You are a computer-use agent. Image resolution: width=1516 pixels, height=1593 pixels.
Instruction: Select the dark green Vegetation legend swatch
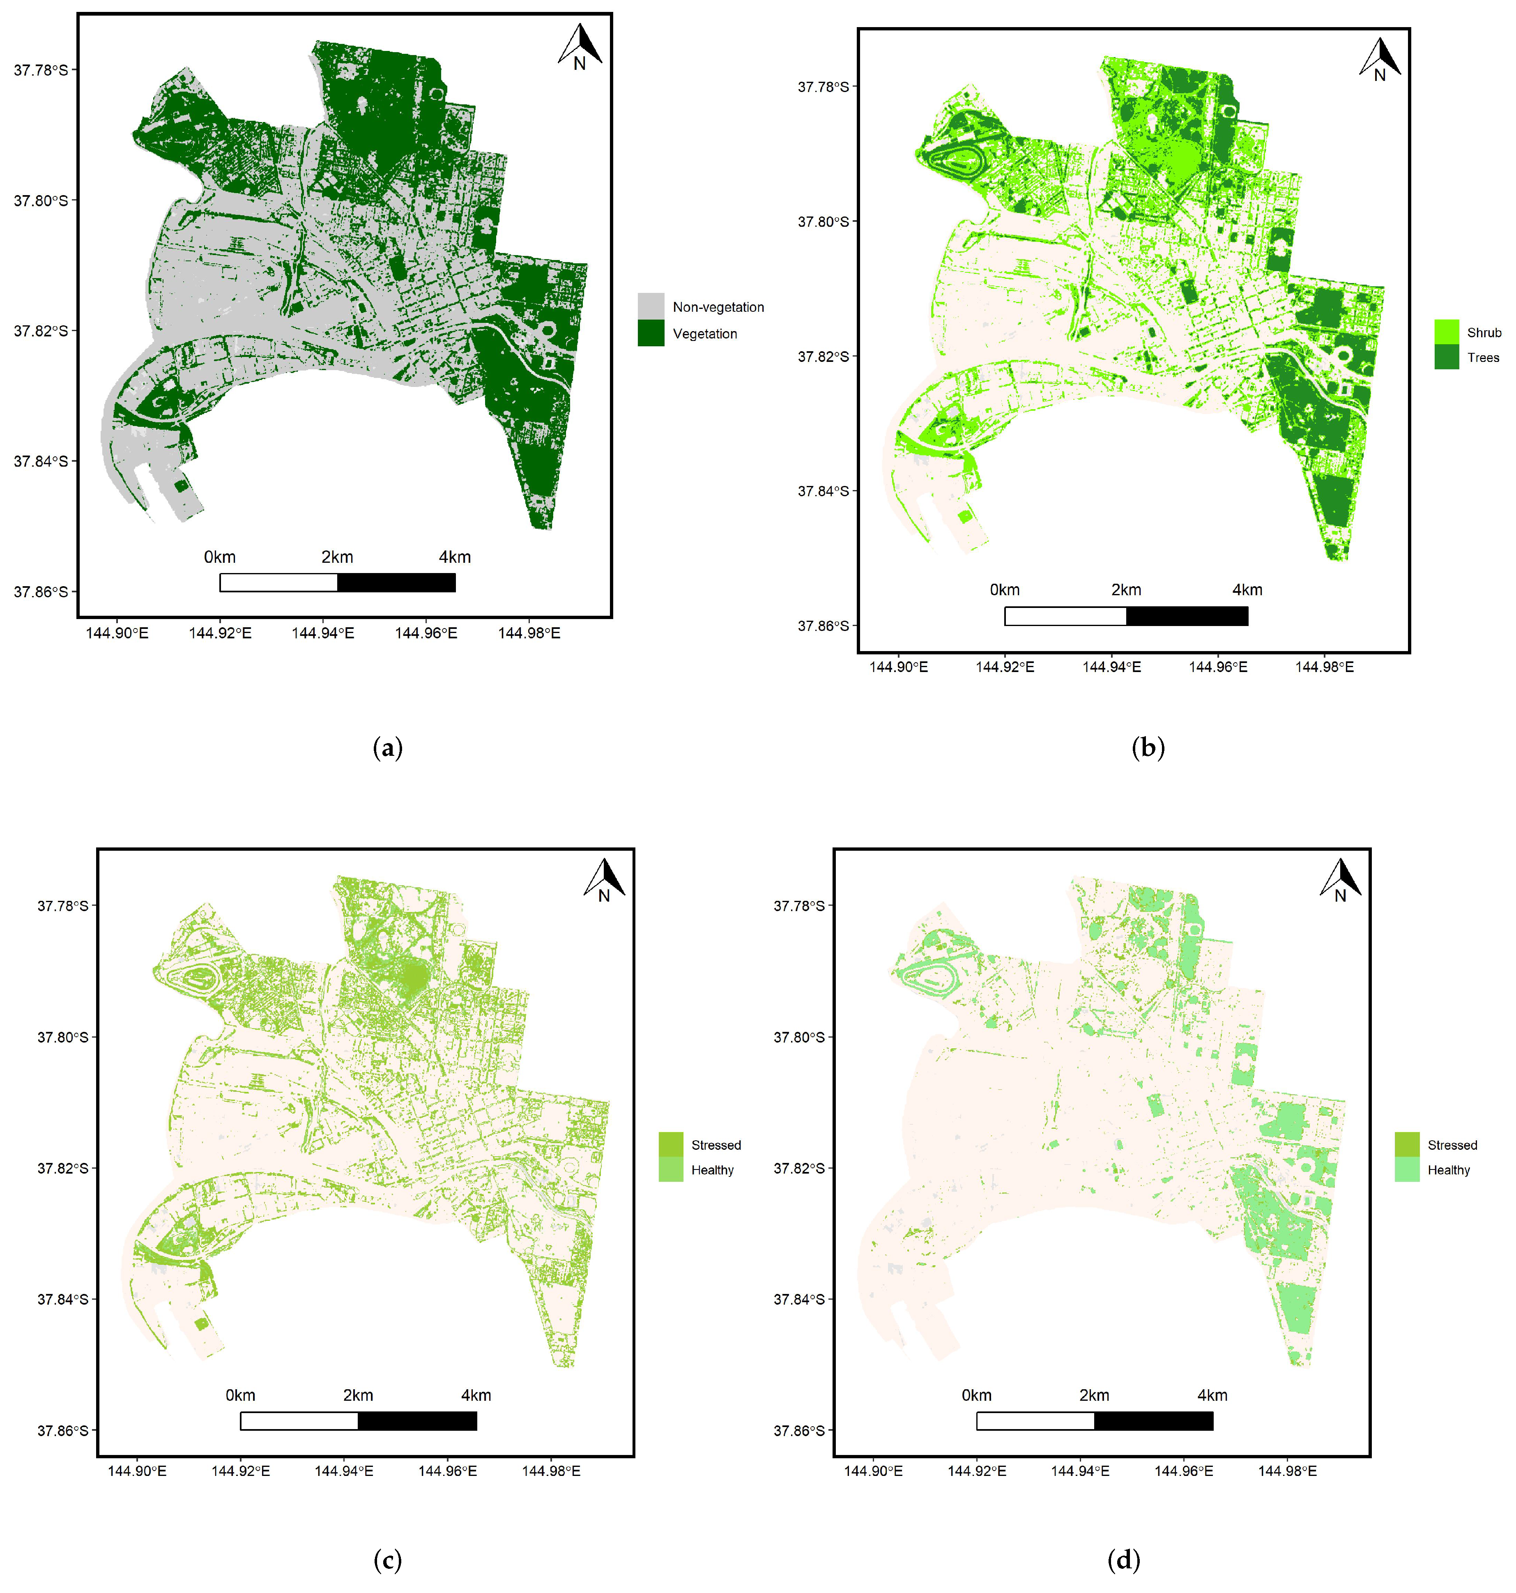coord(651,333)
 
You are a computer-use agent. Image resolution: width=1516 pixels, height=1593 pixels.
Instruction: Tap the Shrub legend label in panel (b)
coord(1484,332)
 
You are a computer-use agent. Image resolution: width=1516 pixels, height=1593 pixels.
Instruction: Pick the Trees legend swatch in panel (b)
coord(1447,357)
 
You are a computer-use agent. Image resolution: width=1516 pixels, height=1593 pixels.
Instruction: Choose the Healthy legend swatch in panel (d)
coord(1407,1169)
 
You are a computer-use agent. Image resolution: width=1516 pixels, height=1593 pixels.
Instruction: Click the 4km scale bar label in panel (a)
coord(455,557)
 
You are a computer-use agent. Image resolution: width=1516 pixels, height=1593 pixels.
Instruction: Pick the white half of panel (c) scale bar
coord(299,1421)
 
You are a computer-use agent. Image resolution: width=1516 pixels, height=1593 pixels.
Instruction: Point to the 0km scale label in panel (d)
coord(976,1396)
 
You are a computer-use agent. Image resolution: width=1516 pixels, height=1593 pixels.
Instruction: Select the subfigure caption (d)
coord(1123,1560)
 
